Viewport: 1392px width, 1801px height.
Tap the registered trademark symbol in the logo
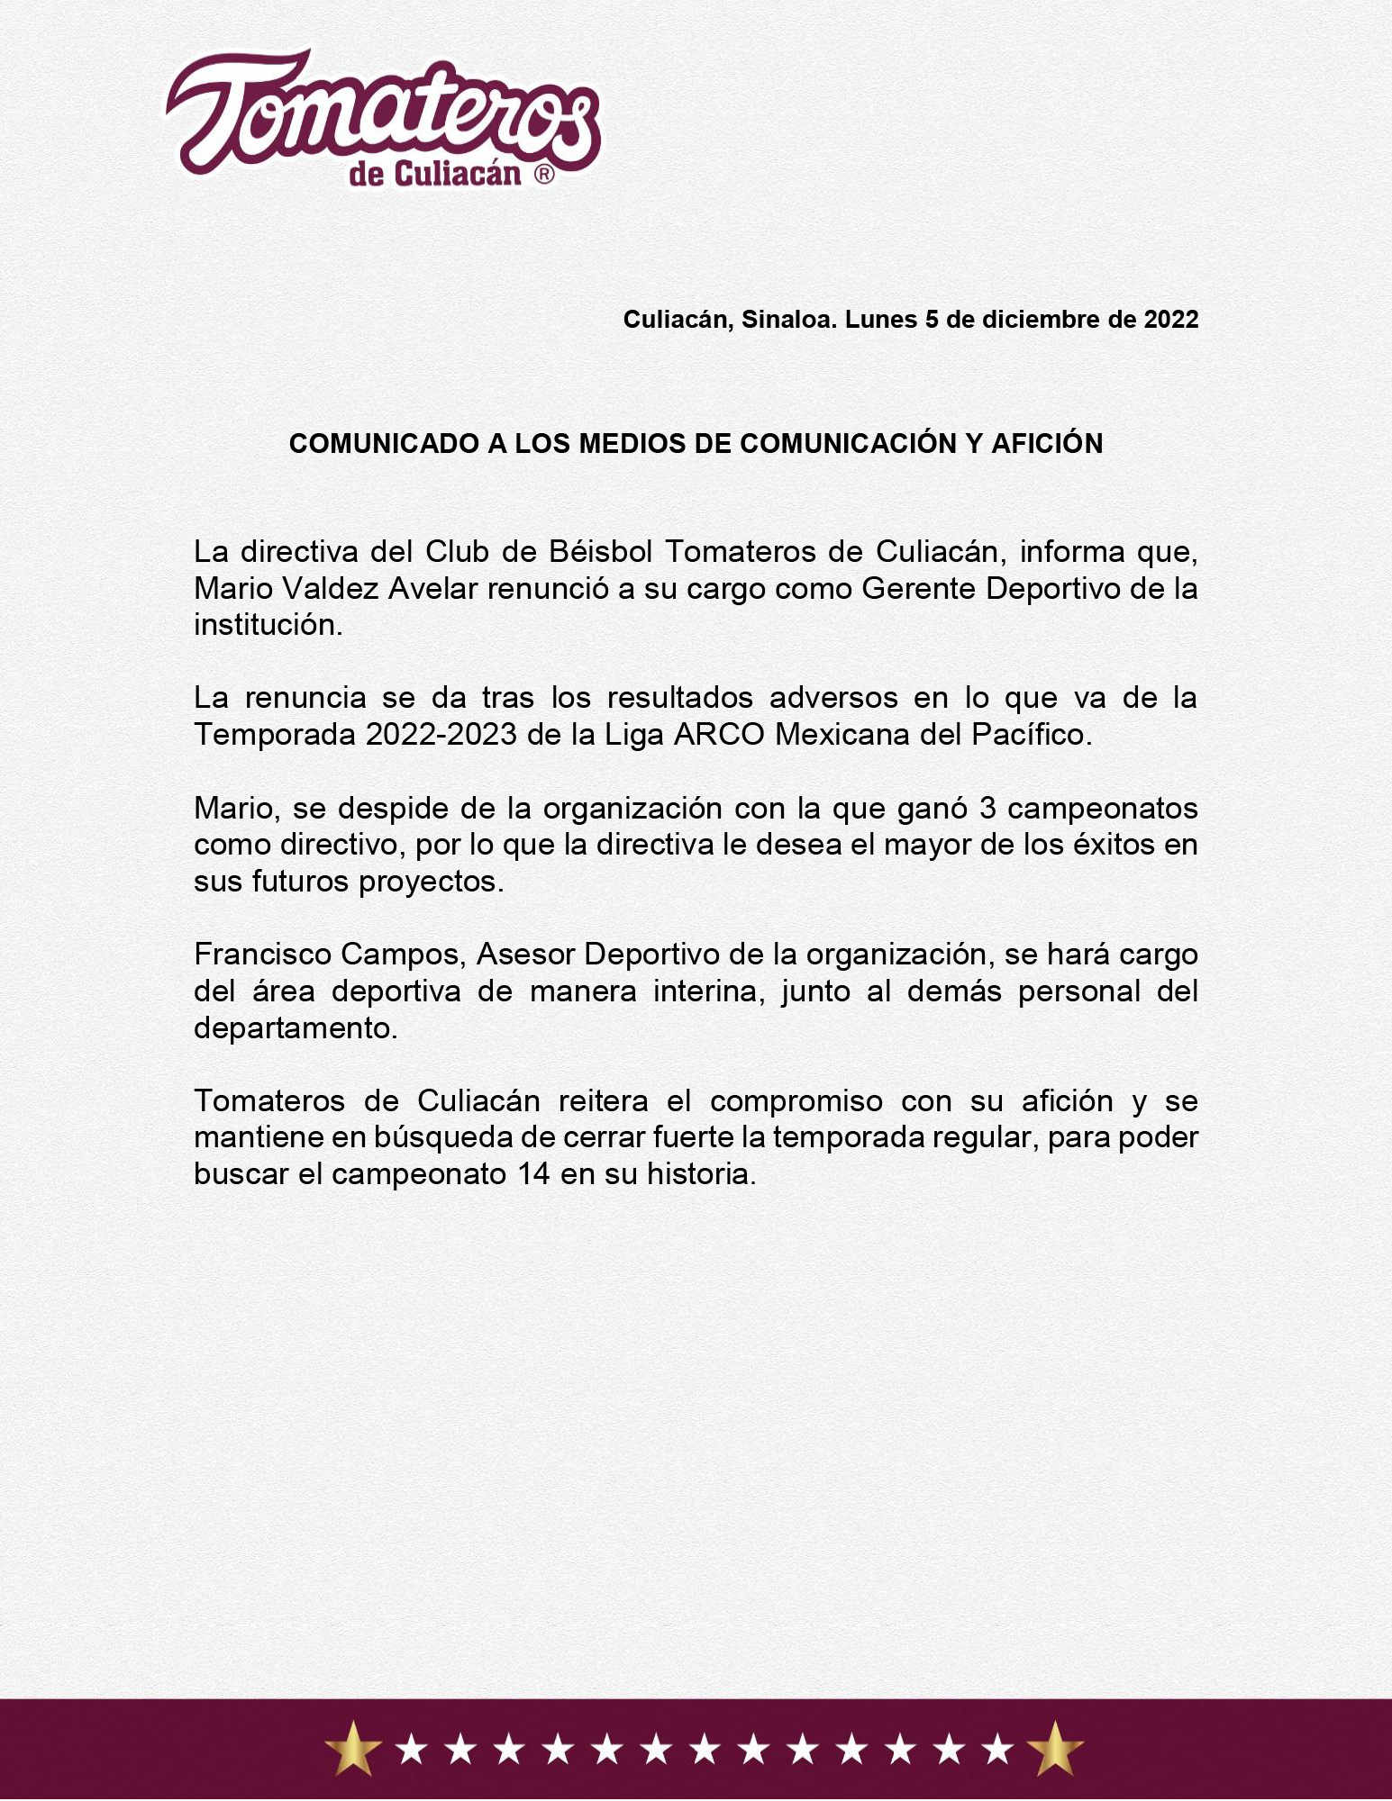tap(544, 175)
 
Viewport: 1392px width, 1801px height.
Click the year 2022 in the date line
tap(1170, 320)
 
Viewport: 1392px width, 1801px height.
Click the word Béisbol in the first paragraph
tap(595, 551)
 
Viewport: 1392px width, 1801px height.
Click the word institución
tap(268, 625)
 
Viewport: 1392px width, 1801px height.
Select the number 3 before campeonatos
tap(987, 809)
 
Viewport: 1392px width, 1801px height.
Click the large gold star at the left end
tap(353, 1748)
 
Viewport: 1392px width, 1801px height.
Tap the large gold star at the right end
tap(1054, 1748)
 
